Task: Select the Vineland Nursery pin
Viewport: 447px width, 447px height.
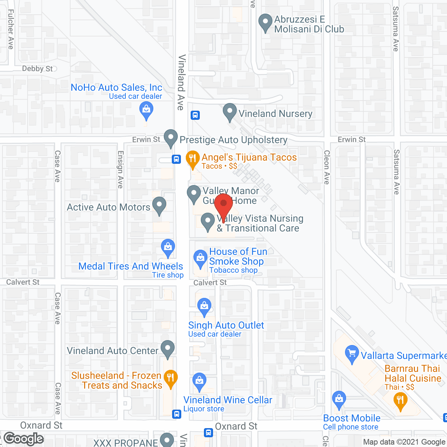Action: point(230,112)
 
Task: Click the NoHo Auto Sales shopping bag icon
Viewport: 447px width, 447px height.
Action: point(146,110)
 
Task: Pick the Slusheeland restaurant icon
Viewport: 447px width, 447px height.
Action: point(170,378)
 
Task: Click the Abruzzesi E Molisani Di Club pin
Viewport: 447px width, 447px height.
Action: point(265,22)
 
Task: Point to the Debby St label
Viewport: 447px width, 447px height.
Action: point(37,69)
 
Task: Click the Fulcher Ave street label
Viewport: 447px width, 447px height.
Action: point(10,30)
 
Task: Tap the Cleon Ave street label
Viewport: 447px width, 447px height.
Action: point(327,167)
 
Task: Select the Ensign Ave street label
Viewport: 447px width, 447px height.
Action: point(120,169)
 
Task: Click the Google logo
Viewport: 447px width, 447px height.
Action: point(24,439)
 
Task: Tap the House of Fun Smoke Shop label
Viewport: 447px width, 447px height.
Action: point(236,256)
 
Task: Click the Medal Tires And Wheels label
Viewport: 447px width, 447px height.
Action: point(131,266)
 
